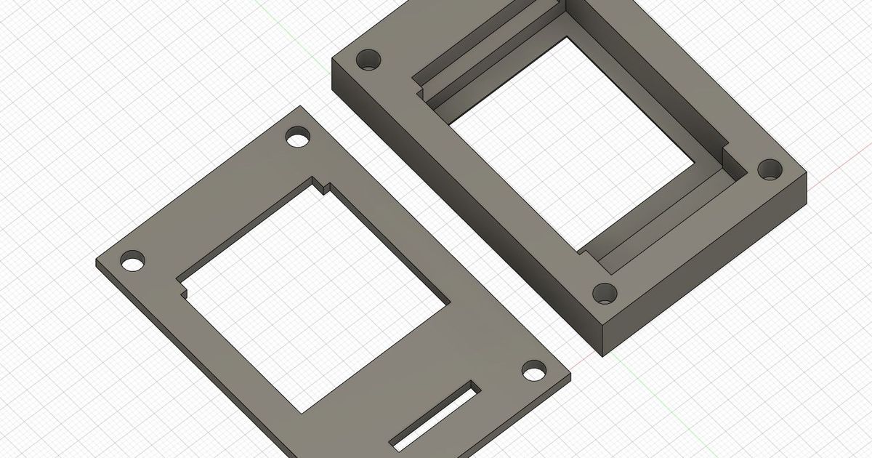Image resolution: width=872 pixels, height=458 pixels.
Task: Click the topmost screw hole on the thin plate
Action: (x=298, y=137)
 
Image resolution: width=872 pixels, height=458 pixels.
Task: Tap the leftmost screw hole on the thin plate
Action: (x=132, y=261)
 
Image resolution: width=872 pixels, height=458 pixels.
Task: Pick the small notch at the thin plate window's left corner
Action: (x=183, y=289)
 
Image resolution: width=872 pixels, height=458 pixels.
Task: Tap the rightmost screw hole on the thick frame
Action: (x=770, y=170)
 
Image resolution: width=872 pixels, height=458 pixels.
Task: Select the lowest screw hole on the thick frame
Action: (x=605, y=294)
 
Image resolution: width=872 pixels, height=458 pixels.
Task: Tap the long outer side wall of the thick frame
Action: (x=465, y=211)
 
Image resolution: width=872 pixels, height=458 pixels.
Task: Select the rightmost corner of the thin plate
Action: (x=570, y=377)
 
